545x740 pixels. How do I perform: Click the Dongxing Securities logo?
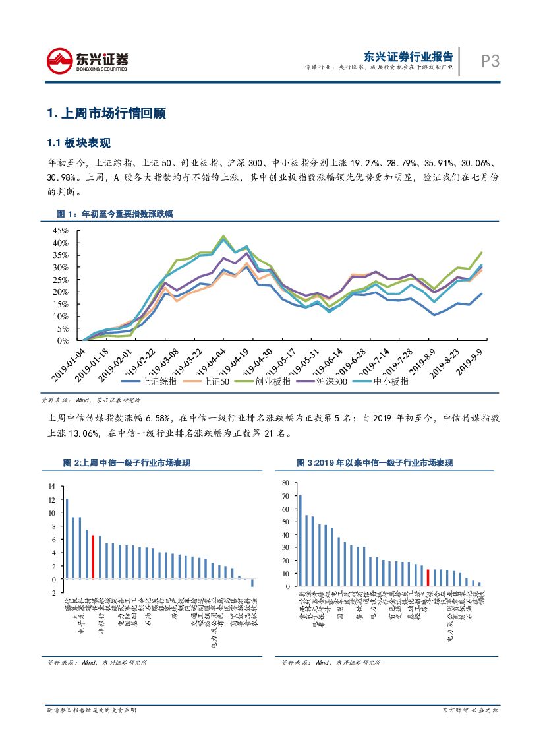pyautogui.click(x=88, y=61)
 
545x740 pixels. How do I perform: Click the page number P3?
pyautogui.click(x=490, y=61)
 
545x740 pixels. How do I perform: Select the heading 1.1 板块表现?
pyautogui.click(x=78, y=143)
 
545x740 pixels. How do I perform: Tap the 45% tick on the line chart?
pyautogui.click(x=61, y=231)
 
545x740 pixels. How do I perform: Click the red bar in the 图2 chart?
pyautogui.click(x=93, y=557)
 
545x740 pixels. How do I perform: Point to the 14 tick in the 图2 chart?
pyautogui.click(x=52, y=486)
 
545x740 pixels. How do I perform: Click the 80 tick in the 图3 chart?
pyautogui.click(x=285, y=483)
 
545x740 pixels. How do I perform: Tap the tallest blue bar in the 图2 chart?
pyautogui.click(x=67, y=538)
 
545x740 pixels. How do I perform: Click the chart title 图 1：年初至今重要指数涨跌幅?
pyautogui.click(x=115, y=214)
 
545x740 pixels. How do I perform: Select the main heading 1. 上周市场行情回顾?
pyautogui.click(x=106, y=113)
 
